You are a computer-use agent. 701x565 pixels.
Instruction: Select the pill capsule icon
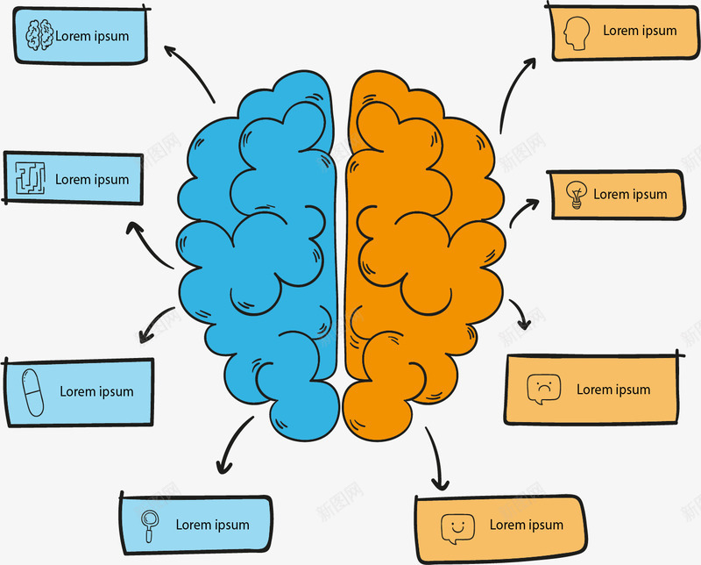pyautogui.click(x=32, y=392)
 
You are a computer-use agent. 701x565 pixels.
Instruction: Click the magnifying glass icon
pyautogui.click(x=150, y=525)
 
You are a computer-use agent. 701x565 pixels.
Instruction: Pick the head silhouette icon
pyautogui.click(x=575, y=32)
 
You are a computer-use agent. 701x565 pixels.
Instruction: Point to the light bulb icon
pyautogui.click(x=575, y=194)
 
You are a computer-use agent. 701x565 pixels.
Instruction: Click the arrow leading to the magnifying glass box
pyautogui.click(x=231, y=446)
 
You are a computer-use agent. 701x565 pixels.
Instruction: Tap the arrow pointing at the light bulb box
pyautogui.click(x=523, y=212)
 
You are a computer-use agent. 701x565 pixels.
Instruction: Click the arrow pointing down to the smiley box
pyautogui.click(x=435, y=459)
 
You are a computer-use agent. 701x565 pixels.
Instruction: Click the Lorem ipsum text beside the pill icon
pyautogui.click(x=96, y=391)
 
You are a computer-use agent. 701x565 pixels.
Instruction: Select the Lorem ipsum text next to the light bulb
pyautogui.click(x=630, y=194)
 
